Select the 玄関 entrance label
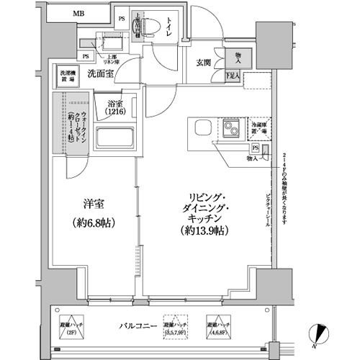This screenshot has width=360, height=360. click(204, 62)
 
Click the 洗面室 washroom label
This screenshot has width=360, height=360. click(102, 73)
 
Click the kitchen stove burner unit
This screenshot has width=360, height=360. click(232, 130)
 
